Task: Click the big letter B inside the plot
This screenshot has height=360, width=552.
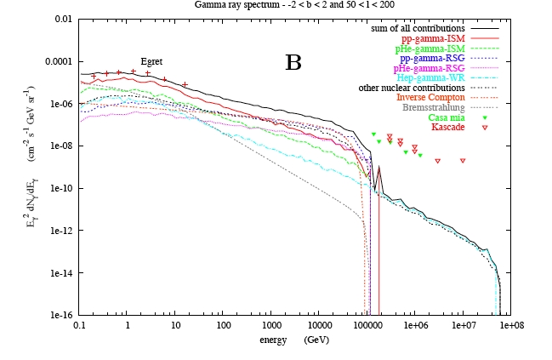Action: pos(293,61)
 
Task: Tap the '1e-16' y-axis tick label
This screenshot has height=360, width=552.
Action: pos(60,315)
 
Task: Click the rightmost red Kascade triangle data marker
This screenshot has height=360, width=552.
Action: pos(464,161)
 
